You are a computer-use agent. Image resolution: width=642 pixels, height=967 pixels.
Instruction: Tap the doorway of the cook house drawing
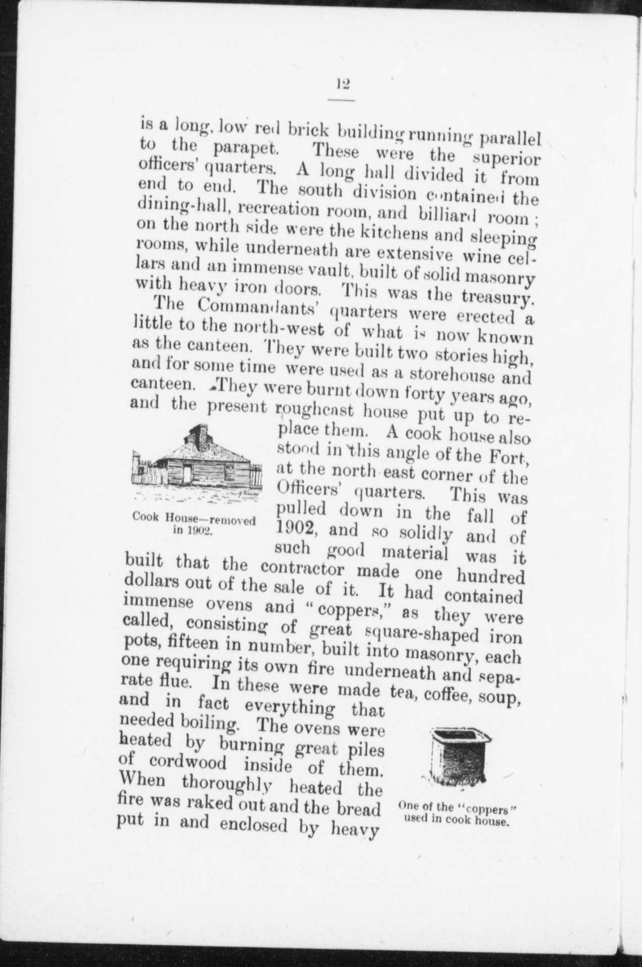tap(187, 475)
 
